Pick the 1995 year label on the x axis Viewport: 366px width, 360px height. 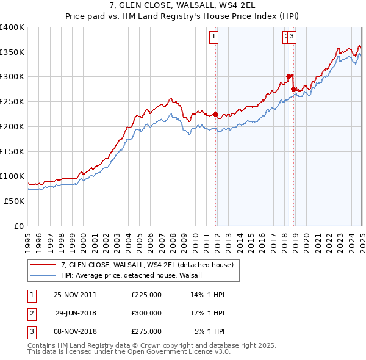click(27, 239)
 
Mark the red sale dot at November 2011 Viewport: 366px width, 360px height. click(216, 114)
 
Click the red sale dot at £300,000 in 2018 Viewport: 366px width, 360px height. click(289, 77)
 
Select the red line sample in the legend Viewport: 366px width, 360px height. click(43, 265)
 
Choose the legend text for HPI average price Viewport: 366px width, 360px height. click(135, 275)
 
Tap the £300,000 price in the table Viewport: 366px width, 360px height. click(146, 313)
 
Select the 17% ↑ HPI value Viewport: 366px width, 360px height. click(207, 313)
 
